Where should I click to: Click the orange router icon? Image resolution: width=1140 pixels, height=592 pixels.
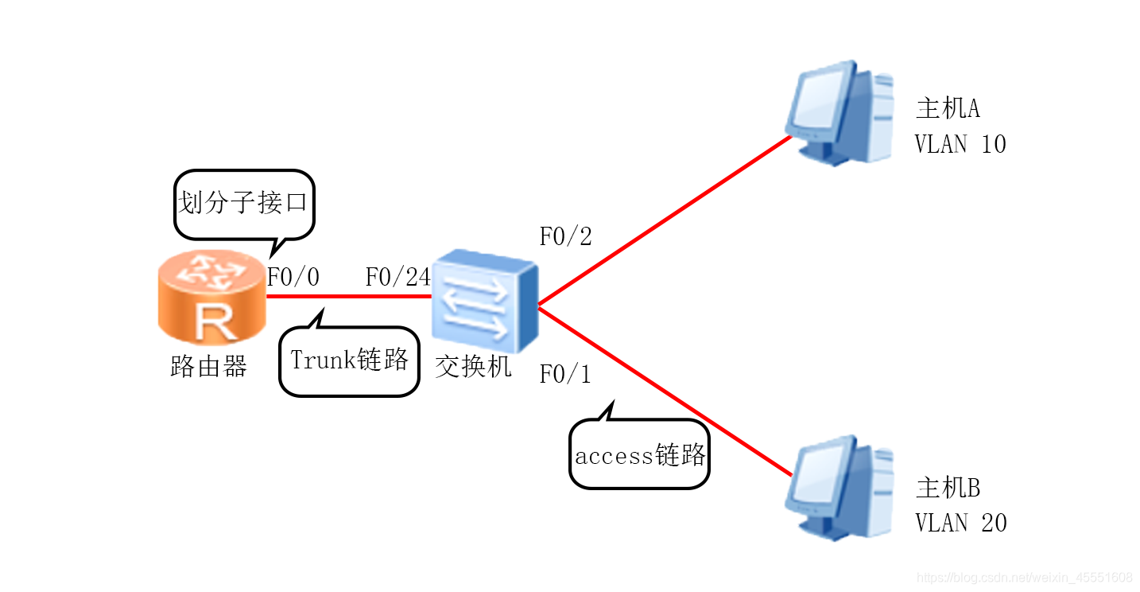(211, 298)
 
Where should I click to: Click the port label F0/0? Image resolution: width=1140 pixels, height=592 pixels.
(293, 277)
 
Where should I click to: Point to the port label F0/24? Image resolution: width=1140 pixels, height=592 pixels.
(397, 277)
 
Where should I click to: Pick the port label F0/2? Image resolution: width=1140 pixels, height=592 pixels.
(565, 236)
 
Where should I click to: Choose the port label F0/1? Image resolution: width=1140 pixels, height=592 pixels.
(565, 374)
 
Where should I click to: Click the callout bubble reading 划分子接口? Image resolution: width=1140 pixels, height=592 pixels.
(243, 203)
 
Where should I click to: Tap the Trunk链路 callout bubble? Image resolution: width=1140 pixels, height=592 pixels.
(349, 360)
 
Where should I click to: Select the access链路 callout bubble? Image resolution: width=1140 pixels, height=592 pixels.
(639, 456)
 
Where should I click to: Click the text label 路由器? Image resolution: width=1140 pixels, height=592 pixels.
(209, 366)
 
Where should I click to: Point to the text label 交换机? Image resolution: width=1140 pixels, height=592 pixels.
(474, 366)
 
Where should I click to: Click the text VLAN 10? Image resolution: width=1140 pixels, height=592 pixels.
(960, 144)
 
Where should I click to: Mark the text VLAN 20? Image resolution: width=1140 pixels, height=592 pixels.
(960, 523)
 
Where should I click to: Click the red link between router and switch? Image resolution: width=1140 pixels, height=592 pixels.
(350, 297)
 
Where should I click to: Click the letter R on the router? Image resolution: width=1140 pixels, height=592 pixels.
(211, 321)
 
